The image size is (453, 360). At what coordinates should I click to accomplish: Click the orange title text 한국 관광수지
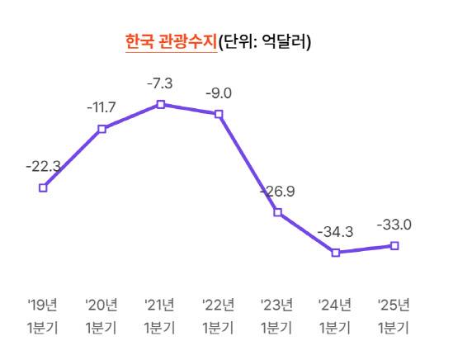[170, 41]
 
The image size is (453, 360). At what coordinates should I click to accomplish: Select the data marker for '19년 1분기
[43, 187]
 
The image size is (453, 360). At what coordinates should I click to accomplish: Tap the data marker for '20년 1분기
[101, 129]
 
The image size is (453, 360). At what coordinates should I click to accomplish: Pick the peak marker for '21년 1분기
[160, 104]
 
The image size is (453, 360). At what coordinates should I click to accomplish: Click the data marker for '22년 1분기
[219, 114]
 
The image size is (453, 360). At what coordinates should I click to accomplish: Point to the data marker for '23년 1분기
[277, 212]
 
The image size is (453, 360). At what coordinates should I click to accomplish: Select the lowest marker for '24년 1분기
[336, 253]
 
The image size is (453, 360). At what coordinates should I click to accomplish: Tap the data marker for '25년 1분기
[394, 245]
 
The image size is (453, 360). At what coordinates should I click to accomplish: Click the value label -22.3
[43, 166]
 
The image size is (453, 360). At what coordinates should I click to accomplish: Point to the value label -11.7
[101, 107]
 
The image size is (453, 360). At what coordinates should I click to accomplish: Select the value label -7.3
[160, 83]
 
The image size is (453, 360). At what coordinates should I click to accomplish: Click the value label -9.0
[219, 92]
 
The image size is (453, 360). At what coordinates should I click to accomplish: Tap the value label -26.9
[278, 192]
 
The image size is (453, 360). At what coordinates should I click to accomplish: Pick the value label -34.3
[336, 232]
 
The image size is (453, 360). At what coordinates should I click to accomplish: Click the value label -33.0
[394, 225]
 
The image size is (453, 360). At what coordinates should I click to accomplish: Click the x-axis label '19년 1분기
[43, 315]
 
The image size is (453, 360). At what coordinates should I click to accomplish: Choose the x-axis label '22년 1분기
[219, 315]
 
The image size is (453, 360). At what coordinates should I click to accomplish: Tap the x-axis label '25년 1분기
[394, 315]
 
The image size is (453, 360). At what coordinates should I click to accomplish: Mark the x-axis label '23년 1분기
[277, 315]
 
